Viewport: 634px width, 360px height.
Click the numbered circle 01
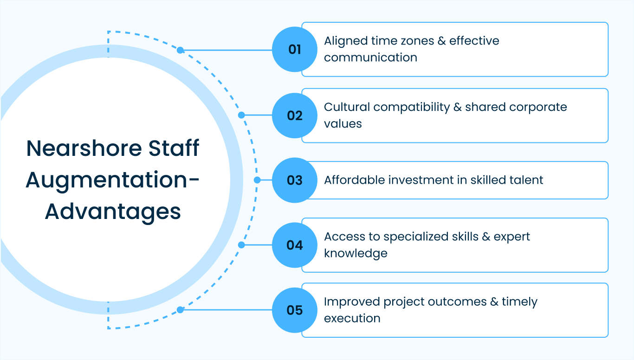pyautogui.click(x=294, y=49)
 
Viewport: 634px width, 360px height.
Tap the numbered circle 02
pyautogui.click(x=294, y=115)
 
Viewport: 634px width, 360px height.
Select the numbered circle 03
pyautogui.click(x=294, y=180)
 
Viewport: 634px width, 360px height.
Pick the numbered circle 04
pyautogui.click(x=294, y=245)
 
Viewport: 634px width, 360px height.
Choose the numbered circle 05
pyautogui.click(x=294, y=310)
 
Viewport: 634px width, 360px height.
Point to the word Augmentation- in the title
pyautogui.click(x=113, y=180)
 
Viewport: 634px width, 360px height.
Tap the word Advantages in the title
pyautogui.click(x=113, y=212)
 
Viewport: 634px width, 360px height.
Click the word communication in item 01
pyautogui.click(x=370, y=58)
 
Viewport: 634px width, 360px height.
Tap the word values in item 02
pyautogui.click(x=343, y=123)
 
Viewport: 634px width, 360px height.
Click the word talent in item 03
pyautogui.click(x=527, y=180)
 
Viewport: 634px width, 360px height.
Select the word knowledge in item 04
pyautogui.click(x=356, y=253)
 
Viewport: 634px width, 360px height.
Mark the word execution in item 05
pyautogui.click(x=352, y=318)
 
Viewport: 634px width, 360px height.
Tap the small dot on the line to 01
pyautogui.click(x=180, y=50)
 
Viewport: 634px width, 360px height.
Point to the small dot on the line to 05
pyautogui.click(x=180, y=309)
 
